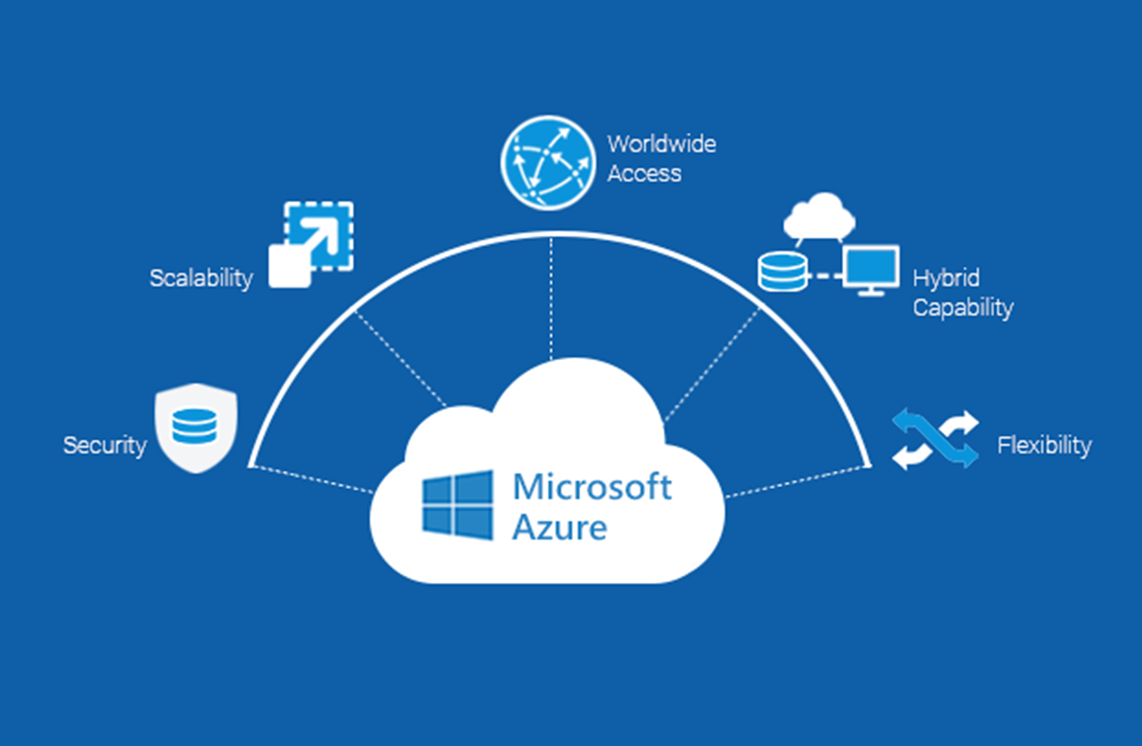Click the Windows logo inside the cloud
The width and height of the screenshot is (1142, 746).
(457, 505)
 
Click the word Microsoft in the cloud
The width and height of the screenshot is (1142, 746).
(591, 487)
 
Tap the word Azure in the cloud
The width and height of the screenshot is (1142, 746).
(560, 528)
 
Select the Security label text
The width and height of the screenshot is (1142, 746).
(105, 445)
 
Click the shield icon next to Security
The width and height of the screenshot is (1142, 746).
(197, 427)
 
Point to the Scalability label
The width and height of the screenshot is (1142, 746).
(201, 278)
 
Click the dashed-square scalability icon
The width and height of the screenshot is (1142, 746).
(312, 244)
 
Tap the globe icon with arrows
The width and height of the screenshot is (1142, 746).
(547, 163)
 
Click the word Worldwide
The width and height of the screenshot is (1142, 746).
(661, 144)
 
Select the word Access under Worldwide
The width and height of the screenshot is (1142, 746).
(644, 173)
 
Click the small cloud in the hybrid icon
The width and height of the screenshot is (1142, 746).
(819, 216)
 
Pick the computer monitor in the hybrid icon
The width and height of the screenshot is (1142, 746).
(871, 269)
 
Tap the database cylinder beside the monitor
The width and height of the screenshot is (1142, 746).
(782, 271)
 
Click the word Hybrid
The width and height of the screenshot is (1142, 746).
(945, 278)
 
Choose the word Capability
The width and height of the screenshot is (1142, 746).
(962, 308)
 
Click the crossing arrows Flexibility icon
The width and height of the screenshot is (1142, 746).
(935, 439)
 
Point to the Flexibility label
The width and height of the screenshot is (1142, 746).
(1044, 445)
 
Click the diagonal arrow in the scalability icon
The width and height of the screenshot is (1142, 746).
(316, 236)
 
